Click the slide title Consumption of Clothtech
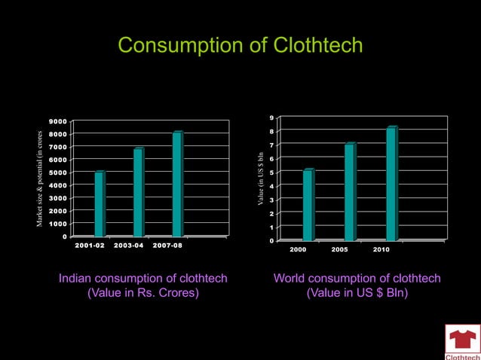(240, 46)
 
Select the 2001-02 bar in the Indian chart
(99, 204)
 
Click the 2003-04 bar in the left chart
(138, 192)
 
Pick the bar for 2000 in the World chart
(308, 205)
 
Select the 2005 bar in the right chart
(350, 192)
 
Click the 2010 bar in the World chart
(391, 184)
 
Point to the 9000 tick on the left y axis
(57, 121)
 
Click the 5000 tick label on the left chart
(57, 172)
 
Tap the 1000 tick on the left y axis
(57, 224)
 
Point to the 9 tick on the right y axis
(271, 117)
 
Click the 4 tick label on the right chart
(271, 186)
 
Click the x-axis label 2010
(381, 249)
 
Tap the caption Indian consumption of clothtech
(143, 279)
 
